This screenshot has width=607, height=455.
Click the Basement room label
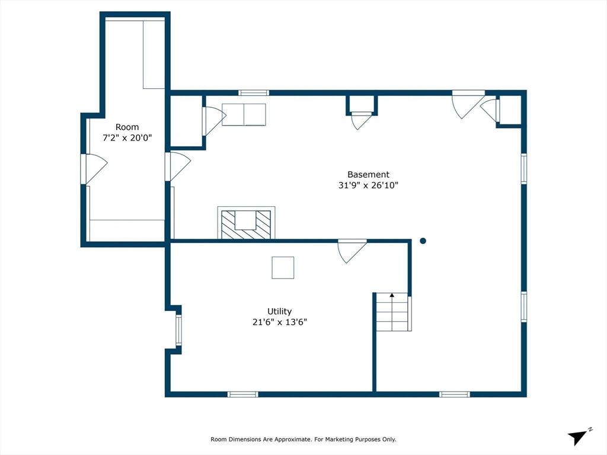368,175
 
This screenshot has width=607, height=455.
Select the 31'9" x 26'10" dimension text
368,185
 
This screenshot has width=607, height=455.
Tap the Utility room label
280,312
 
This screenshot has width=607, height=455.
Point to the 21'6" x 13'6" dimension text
280,322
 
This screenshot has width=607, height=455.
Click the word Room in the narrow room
127,127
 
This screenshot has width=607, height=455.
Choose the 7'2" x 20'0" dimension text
127,137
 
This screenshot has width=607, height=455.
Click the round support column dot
423,241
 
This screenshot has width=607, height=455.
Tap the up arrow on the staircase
392,295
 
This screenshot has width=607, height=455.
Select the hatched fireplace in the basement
246,223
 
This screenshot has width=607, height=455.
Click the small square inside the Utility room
283,268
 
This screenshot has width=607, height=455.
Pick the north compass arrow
578,437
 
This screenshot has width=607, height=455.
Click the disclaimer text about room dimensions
303,439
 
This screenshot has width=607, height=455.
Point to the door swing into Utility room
352,251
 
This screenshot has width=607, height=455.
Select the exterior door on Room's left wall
94,169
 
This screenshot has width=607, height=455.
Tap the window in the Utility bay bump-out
178,330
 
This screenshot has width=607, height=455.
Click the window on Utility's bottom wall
242,394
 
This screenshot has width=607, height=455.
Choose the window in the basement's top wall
254,93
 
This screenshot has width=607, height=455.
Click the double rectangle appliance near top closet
244,114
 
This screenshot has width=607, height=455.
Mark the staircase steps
392,312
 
